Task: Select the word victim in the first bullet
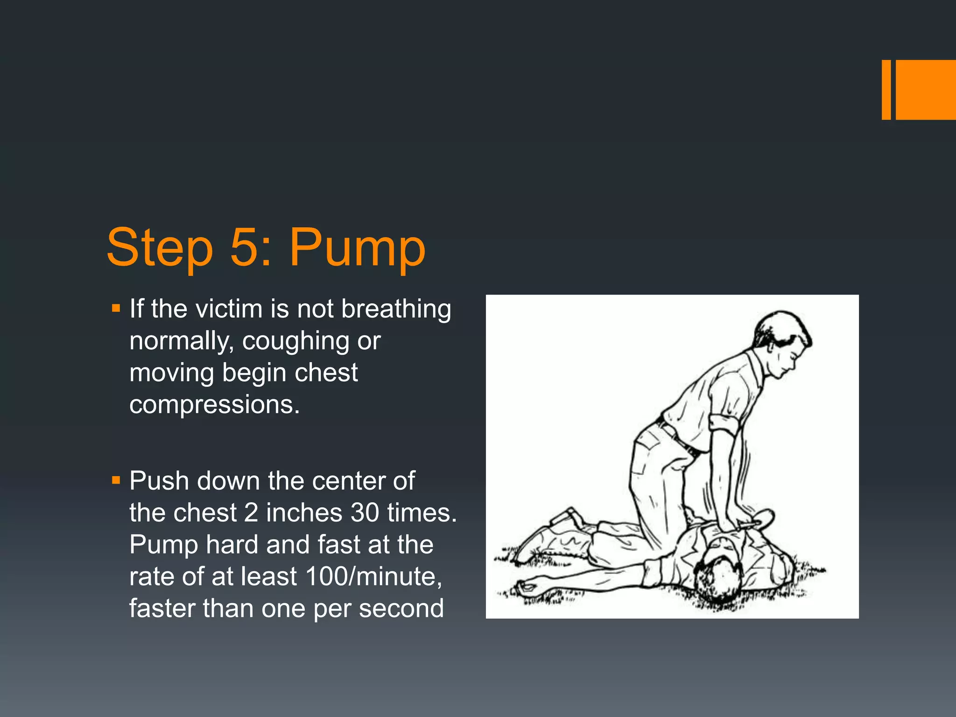coord(229,309)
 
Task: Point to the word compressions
coord(214,404)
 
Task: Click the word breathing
coord(396,309)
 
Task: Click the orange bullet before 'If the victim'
coord(116,309)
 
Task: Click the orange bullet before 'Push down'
coord(116,480)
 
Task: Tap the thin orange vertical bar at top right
coord(886,90)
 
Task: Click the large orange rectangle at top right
coord(926,90)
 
